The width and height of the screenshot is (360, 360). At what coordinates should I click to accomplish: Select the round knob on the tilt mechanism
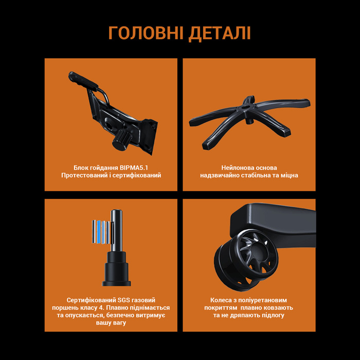coord(122,139)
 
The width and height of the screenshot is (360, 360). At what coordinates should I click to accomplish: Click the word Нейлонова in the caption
coord(238,168)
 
